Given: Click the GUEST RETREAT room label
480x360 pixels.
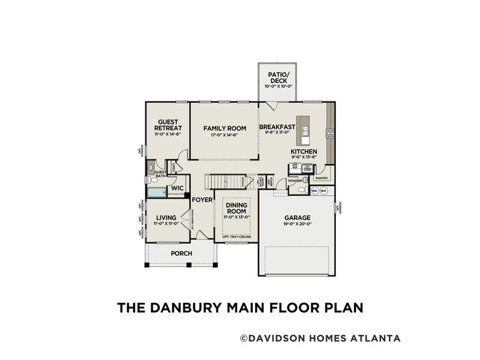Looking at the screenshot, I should [x=167, y=125].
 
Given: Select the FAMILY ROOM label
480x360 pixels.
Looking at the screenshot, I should [x=224, y=128].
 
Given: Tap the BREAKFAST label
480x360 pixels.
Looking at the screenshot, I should [x=277, y=127].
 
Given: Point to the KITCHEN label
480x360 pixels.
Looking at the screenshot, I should [x=304, y=152].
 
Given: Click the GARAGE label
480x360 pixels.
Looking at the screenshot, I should [x=297, y=218].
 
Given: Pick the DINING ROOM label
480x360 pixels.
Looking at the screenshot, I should [x=236, y=208].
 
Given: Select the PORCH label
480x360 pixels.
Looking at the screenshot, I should [x=181, y=254].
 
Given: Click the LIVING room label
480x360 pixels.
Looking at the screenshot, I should [x=166, y=218].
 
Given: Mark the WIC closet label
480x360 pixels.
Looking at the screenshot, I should [x=177, y=188].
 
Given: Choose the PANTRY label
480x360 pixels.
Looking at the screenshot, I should [x=322, y=178].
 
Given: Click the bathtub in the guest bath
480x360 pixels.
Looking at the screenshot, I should [x=157, y=193].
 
